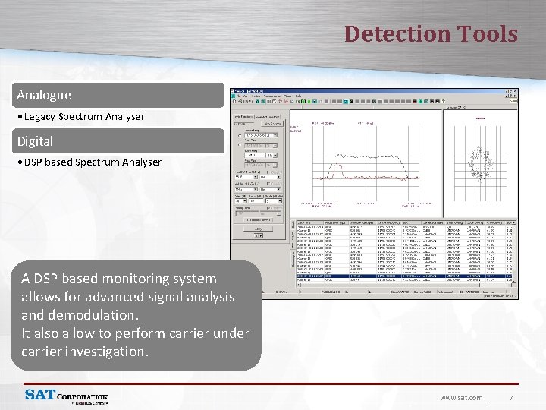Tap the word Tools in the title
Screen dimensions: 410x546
pos(487,34)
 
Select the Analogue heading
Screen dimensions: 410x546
pos(44,95)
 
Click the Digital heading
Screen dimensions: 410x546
pos(36,141)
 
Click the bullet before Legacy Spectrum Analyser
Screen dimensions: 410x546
pos(20,117)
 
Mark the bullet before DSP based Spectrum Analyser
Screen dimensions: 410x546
pos(20,162)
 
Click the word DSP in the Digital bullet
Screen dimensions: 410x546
pos(33,162)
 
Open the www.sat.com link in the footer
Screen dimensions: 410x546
pos(461,398)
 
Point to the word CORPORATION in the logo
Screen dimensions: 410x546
pos(83,396)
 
